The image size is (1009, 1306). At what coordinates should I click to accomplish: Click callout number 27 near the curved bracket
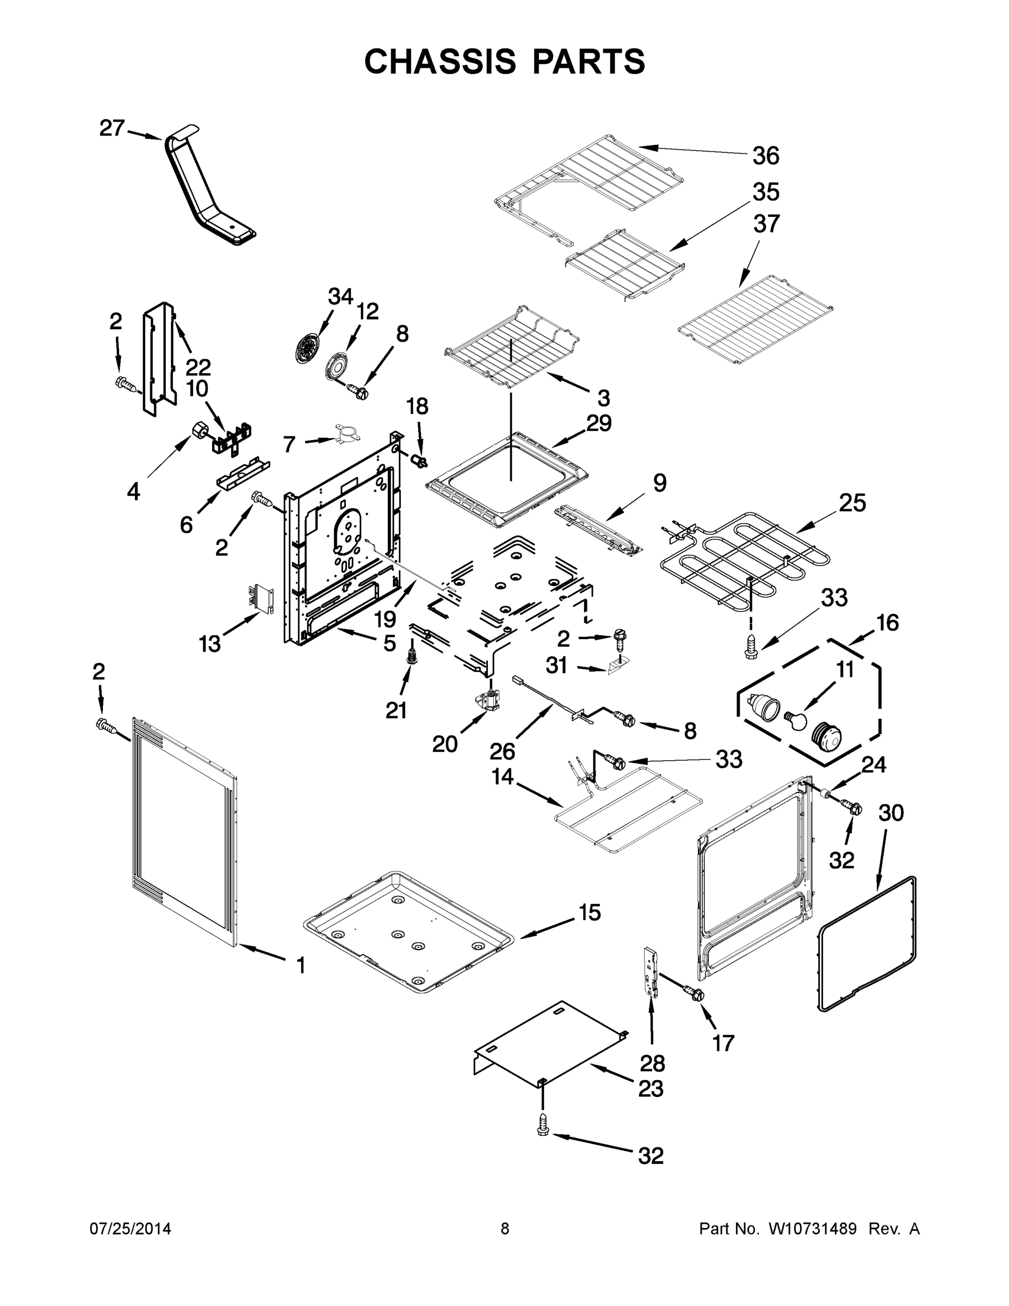pos(112,128)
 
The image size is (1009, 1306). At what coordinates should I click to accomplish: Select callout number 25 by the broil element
pos(852,503)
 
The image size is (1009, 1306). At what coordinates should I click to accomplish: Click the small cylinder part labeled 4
pos(200,429)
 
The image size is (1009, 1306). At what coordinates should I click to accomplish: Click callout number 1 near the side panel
pos(301,965)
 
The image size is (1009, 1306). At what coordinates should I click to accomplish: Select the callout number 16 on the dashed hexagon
pos(887,623)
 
